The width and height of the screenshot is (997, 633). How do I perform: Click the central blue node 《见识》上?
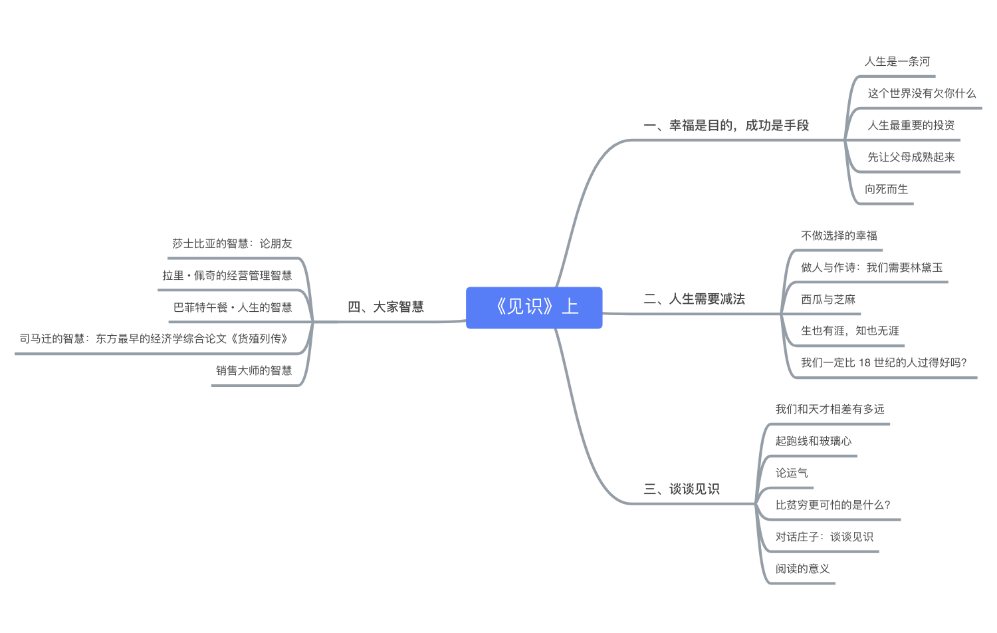pos(534,307)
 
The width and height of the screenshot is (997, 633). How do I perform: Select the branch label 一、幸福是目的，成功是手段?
pos(726,126)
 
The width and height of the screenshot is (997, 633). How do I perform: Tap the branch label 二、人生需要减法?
pos(694,299)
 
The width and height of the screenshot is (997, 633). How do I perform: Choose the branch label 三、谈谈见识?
pos(681,489)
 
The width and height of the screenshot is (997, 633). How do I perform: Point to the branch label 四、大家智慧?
pos(386,307)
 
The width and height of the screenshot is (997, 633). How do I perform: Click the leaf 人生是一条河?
pos(897,62)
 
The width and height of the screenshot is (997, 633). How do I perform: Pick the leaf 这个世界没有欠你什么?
pos(921,94)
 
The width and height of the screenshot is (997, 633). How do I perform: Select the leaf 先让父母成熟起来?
pos(911,158)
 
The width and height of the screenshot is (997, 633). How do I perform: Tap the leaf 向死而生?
pos(886,190)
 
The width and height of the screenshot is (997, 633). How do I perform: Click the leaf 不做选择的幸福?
pos(839,236)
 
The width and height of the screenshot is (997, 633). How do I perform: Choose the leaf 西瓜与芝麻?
pos(828,300)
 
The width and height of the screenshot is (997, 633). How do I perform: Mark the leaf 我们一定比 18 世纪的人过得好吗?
pos(883,363)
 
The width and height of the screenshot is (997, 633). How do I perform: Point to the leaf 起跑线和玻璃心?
pos(813,442)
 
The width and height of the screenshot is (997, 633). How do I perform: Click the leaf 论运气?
pos(792,473)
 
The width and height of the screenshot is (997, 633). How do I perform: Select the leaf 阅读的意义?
pos(802,569)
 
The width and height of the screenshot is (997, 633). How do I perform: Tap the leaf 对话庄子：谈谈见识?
pos(824,537)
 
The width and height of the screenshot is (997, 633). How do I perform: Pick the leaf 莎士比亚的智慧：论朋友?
pos(232,244)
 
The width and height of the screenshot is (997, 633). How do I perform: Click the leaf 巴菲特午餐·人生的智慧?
pos(233,308)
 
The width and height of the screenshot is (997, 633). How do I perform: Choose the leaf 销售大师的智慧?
pos(254,371)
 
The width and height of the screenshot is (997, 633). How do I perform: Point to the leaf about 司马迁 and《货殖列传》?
pos(154,339)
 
